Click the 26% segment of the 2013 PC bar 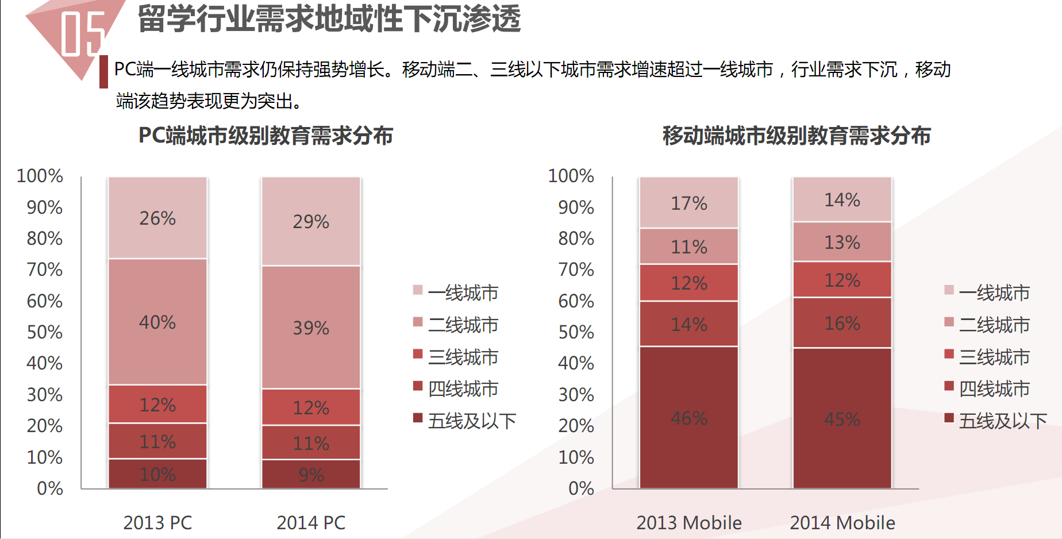pyautogui.click(x=157, y=218)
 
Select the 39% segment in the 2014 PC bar pyautogui.click(x=311, y=328)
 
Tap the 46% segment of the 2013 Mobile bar pyautogui.click(x=689, y=418)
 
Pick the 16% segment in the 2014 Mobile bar pyautogui.click(x=842, y=323)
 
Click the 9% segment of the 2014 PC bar pyautogui.click(x=311, y=475)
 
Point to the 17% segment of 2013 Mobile pyautogui.click(x=689, y=203)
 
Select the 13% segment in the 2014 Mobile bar pyautogui.click(x=842, y=242)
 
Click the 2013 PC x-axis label pyautogui.click(x=157, y=522)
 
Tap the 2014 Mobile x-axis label pyautogui.click(x=842, y=522)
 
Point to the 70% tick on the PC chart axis pyautogui.click(x=44, y=269)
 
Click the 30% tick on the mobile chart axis pyautogui.click(x=576, y=394)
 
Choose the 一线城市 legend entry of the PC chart pyautogui.click(x=463, y=292)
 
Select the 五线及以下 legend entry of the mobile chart pyautogui.click(x=1002, y=421)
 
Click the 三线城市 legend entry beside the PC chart pyautogui.click(x=463, y=357)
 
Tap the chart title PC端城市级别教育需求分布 pyautogui.click(x=265, y=136)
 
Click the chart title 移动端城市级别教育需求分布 pyautogui.click(x=796, y=136)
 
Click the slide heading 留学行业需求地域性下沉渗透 pyautogui.click(x=329, y=18)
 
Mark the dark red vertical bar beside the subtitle pyautogui.click(x=103, y=71)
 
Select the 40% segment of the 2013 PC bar pyautogui.click(x=157, y=322)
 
